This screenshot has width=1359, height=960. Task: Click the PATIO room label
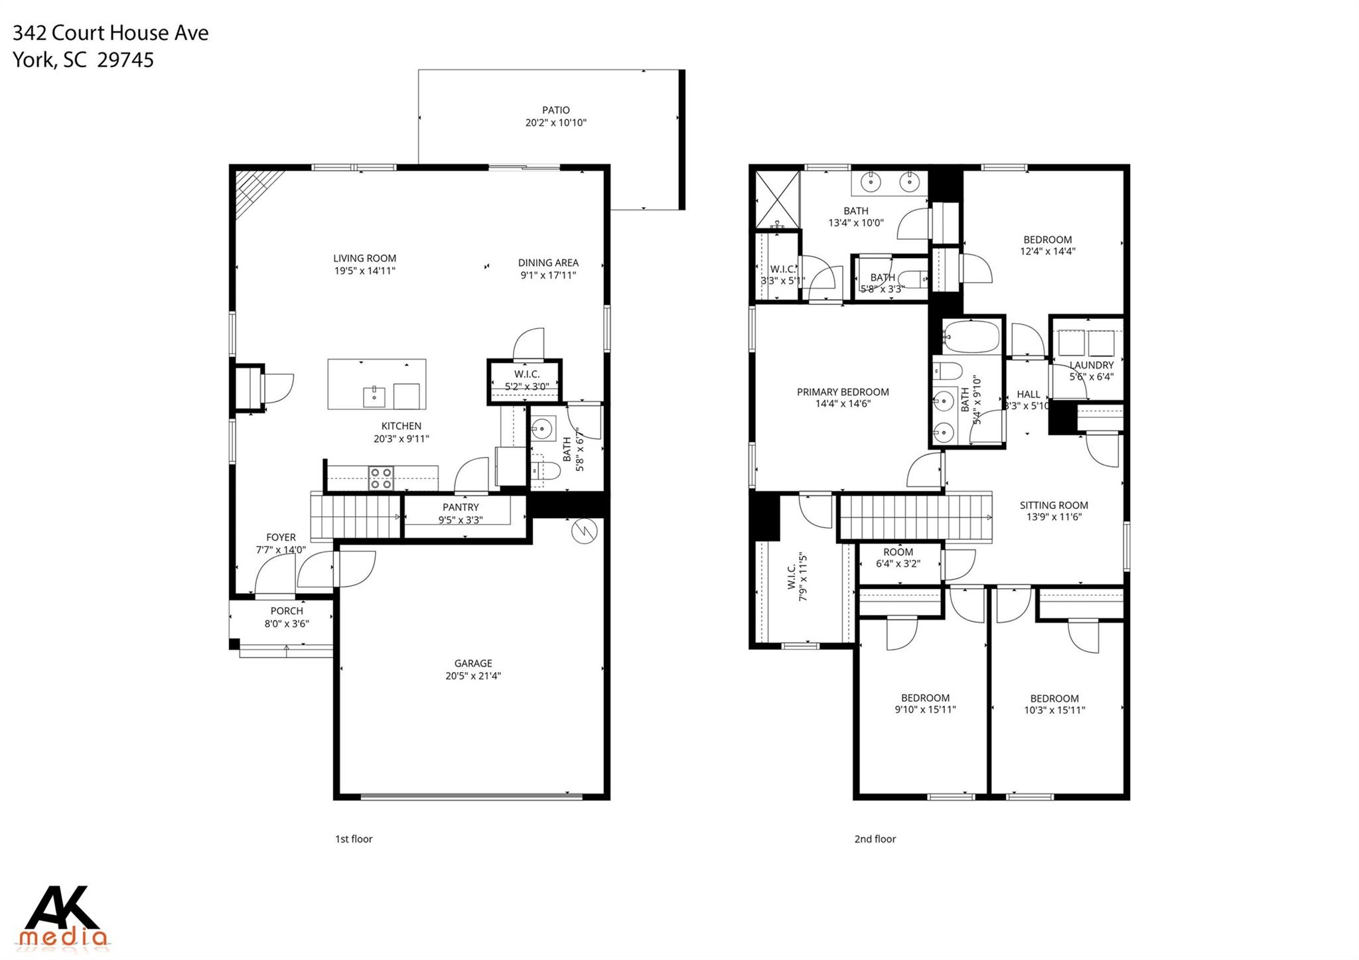coord(555,110)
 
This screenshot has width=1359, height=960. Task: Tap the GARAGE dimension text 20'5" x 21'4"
coord(472,676)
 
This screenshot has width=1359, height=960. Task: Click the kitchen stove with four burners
coord(381,478)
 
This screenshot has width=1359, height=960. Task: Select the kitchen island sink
coord(374,397)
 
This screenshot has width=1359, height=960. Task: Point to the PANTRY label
coord(461,508)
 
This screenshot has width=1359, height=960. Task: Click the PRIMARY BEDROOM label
coord(843,392)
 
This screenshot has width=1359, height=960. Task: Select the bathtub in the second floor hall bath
coord(971,337)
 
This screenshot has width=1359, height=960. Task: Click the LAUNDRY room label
coord(1091,365)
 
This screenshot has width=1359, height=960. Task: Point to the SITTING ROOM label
coord(1054,506)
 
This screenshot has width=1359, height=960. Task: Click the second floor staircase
coord(916,517)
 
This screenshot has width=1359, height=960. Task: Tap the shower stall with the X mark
coord(777,199)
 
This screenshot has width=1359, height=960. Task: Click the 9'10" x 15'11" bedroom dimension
coord(925,710)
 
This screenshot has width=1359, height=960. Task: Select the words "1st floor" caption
coord(354,839)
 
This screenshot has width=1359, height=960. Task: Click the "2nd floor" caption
coord(875,839)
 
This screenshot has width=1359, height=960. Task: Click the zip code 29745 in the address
coord(125,60)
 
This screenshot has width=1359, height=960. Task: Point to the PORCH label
coord(287,611)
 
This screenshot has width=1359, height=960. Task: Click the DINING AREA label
coord(548,263)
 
